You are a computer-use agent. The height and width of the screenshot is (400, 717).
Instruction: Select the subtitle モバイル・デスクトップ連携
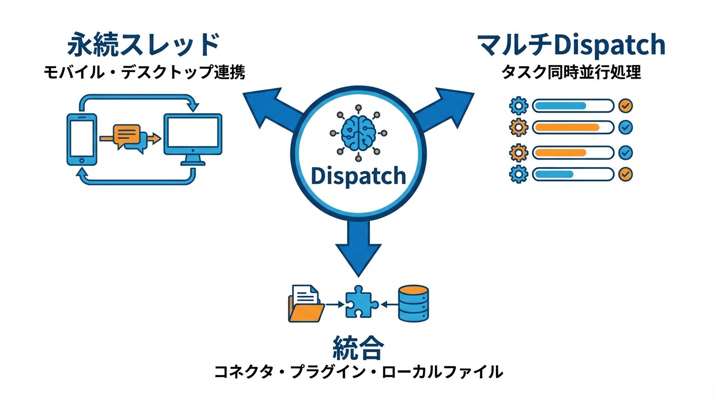click(144, 72)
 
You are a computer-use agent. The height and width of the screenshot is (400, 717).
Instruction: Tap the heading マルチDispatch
click(572, 45)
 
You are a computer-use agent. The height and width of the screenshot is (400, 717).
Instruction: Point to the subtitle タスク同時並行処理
click(571, 72)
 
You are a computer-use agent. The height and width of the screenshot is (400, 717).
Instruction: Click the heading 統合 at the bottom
click(358, 347)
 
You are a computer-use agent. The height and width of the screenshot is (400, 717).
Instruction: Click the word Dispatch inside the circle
click(358, 176)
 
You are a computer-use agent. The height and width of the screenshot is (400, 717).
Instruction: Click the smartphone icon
click(82, 139)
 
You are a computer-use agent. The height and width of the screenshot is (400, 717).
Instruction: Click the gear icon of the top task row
click(518, 106)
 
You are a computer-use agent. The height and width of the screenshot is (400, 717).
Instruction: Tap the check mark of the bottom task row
click(625, 174)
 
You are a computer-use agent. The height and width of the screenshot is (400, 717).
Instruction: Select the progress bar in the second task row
click(573, 127)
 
